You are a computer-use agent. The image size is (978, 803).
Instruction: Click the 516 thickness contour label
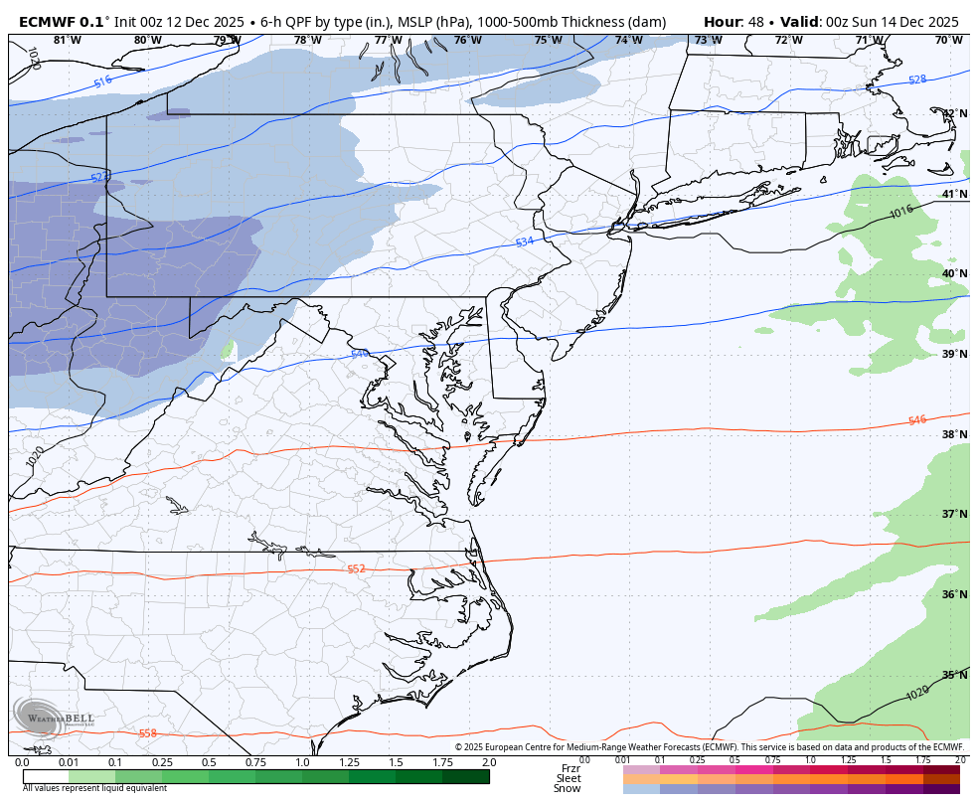click(x=102, y=82)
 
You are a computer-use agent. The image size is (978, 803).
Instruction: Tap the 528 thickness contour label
click(x=916, y=80)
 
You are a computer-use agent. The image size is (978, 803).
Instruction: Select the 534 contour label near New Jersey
click(x=525, y=242)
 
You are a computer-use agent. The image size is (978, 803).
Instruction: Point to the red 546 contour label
click(x=916, y=420)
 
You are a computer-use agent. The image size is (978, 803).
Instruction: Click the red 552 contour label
click(x=356, y=568)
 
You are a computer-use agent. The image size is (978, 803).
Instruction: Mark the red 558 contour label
click(x=147, y=733)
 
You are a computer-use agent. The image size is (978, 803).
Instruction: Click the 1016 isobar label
click(x=900, y=212)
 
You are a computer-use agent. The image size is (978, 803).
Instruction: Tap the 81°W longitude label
click(x=67, y=41)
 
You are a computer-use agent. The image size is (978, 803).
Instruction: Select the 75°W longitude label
click(x=548, y=41)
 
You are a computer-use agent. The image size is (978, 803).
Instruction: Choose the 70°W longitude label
click(x=948, y=41)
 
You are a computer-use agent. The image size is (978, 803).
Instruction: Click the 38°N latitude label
click(x=954, y=434)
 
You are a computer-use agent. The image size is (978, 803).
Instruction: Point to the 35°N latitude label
click(x=954, y=675)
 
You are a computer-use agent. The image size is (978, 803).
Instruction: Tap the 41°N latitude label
click(x=954, y=194)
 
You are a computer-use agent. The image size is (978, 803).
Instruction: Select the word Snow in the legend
click(x=568, y=788)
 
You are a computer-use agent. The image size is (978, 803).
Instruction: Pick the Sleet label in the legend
click(x=568, y=778)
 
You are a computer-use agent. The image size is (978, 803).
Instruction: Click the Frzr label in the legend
click(x=570, y=768)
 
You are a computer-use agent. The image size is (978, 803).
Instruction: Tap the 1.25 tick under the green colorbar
click(x=349, y=762)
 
